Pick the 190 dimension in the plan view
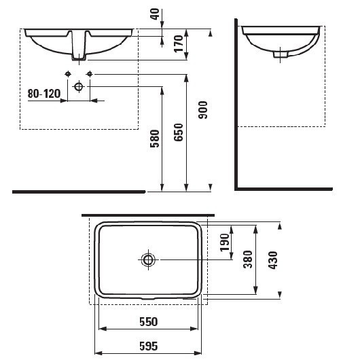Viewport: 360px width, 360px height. pos(225,242)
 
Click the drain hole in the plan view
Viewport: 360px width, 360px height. pos(148,259)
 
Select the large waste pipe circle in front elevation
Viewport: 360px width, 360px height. pos(79,87)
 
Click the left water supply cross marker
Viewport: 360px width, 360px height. pos(68,73)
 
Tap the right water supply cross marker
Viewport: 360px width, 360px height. pos(89,73)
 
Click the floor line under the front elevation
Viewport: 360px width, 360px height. pos(78,192)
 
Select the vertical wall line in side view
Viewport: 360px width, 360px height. pos(235,102)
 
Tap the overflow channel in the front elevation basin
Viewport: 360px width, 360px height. pos(79,44)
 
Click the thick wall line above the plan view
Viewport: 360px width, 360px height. pos(148,215)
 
